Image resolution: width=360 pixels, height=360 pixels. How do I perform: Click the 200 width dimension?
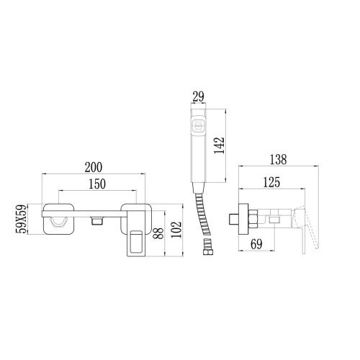click(92, 166)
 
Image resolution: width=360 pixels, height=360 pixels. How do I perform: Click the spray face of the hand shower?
click(199, 126)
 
